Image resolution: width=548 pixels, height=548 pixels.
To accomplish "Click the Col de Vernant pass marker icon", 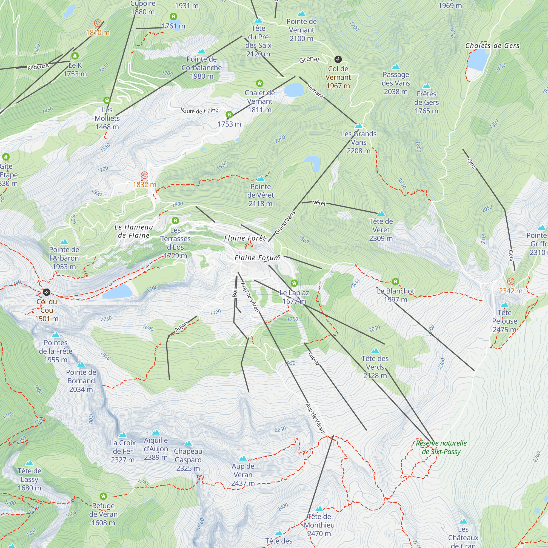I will (338, 59).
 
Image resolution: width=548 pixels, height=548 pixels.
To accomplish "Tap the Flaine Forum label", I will (257, 258).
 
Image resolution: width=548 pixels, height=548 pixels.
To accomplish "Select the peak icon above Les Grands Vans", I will (359, 126).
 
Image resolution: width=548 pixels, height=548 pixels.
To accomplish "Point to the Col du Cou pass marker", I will (47, 292).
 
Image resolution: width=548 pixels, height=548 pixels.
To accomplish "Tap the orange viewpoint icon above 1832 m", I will (144, 175).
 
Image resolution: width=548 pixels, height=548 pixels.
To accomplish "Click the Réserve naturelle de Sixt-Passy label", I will (441, 447).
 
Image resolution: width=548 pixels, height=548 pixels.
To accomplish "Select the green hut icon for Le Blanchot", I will (395, 282).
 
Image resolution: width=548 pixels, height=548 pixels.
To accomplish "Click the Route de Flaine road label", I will (199, 111).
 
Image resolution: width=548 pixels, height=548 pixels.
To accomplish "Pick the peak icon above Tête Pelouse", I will (504, 305).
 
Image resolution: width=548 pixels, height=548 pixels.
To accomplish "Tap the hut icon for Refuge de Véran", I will (103, 496).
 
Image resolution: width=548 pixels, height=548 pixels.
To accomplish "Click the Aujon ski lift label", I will (182, 327).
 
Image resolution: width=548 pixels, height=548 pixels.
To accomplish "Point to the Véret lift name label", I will (319, 203).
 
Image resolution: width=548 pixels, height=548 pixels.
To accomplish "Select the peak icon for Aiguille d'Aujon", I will (156, 433).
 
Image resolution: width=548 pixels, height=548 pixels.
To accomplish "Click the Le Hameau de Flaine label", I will (134, 231).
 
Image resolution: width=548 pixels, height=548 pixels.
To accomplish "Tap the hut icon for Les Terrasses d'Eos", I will (175, 220).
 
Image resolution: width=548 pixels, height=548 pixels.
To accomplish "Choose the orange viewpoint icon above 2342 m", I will (510, 281).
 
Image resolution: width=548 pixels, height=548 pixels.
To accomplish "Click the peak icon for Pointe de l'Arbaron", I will (64, 242).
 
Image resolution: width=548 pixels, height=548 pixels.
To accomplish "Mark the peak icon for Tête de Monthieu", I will (319, 509).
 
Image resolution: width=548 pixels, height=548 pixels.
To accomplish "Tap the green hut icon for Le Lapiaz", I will (294, 283).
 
